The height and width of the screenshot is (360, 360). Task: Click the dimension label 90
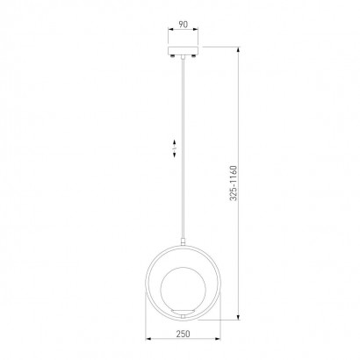point(184,25)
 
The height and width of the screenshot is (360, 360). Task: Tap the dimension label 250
point(183,334)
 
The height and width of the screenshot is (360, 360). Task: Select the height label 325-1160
point(234,184)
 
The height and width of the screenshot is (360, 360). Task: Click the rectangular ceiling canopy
point(183,50)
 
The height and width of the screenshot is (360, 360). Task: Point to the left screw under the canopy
point(173,56)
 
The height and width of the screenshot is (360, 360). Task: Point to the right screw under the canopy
point(193,56)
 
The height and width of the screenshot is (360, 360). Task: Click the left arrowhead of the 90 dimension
point(170,29)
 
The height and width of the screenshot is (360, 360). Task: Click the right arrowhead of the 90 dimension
point(195,29)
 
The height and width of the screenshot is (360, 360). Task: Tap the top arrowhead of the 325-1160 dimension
point(239,49)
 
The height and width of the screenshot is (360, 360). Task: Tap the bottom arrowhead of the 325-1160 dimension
point(239,317)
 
